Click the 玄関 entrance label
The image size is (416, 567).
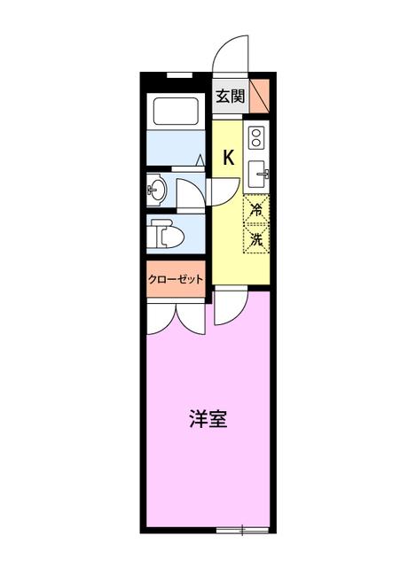pyautogui.click(x=231, y=97)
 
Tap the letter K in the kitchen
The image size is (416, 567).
pyautogui.click(x=228, y=158)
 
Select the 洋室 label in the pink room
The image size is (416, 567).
pyautogui.click(x=208, y=419)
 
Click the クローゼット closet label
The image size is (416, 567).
pyautogui.click(x=176, y=279)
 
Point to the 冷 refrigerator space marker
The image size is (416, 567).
pyautogui.click(x=256, y=209)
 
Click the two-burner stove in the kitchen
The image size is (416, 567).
pyautogui.click(x=256, y=137)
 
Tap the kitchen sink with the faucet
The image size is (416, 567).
pyautogui.click(x=258, y=175)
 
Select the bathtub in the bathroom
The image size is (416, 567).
pyautogui.click(x=176, y=111)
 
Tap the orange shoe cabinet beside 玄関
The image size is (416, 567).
pyautogui.click(x=260, y=96)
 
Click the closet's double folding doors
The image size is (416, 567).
pyautogui.click(x=176, y=318)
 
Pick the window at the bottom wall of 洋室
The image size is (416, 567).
pyautogui.click(x=242, y=531)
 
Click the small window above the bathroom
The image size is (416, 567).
pyautogui.click(x=179, y=75)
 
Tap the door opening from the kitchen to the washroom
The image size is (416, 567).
pyautogui.click(x=223, y=191)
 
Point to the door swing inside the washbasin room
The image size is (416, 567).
pyautogui.click(x=190, y=193)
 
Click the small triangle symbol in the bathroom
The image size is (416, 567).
pyautogui.click(x=200, y=160)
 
